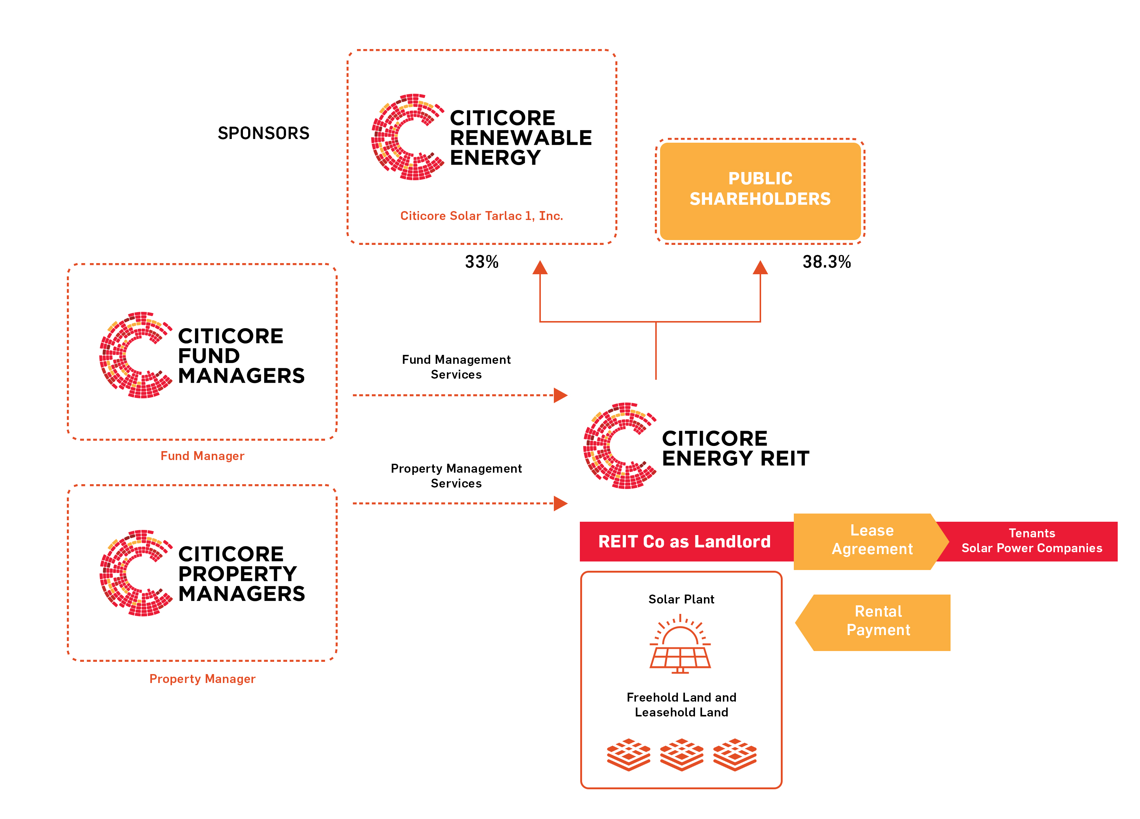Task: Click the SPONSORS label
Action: pyautogui.click(x=263, y=133)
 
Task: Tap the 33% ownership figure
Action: pyautogui.click(x=481, y=262)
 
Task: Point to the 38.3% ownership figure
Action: pyautogui.click(x=826, y=262)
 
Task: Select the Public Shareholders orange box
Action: pyautogui.click(x=760, y=191)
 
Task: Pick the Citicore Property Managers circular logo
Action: pyautogui.click(x=135, y=573)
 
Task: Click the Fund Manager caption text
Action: pyautogui.click(x=202, y=456)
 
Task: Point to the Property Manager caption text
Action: pyautogui.click(x=202, y=679)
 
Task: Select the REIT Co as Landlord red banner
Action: pyautogui.click(x=685, y=541)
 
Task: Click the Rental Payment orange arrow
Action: pyautogui.click(x=877, y=622)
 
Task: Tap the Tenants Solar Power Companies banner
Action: pyautogui.click(x=1032, y=541)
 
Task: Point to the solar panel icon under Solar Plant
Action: pyautogui.click(x=680, y=645)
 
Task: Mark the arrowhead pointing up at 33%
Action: pyautogui.click(x=540, y=268)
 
